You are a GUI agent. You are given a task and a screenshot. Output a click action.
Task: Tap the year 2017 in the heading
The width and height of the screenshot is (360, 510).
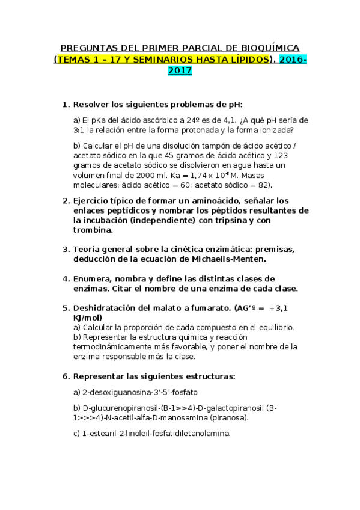click(180, 70)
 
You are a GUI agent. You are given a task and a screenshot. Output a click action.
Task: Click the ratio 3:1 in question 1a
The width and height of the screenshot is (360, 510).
click(79, 129)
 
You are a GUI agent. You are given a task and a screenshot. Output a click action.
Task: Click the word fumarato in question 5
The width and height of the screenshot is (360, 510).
click(206, 308)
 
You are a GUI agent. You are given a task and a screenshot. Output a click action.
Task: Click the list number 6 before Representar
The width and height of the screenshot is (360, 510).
click(66, 376)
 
